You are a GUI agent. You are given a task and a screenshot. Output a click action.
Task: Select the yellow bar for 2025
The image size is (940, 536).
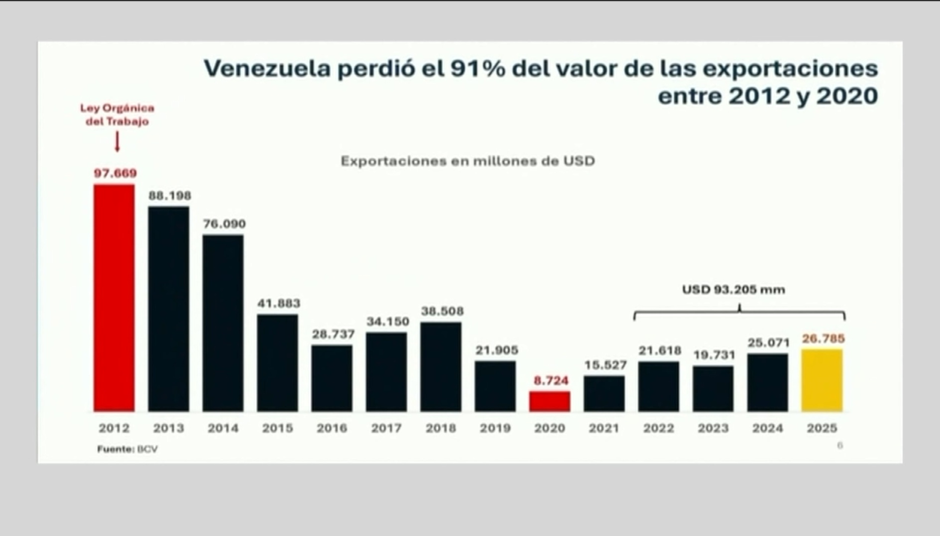coord(822,380)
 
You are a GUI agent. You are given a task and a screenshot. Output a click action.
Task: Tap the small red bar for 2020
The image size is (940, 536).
coord(550,401)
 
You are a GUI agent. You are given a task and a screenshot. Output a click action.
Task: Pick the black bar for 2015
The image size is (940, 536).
coord(277,363)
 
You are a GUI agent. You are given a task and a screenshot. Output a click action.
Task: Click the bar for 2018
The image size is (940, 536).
coord(441,367)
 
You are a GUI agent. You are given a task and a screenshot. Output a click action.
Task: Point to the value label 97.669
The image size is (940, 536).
coord(115,173)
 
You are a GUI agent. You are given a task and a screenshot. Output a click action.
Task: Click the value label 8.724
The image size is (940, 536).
coord(551,381)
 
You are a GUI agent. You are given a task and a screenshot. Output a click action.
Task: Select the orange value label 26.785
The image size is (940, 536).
coord(823,339)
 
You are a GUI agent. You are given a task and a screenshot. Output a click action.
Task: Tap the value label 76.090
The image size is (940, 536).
coord(224,224)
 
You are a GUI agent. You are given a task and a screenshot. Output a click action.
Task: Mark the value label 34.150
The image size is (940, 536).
coord(388,322)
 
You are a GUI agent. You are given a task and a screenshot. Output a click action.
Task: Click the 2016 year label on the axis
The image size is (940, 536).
coord(332,428)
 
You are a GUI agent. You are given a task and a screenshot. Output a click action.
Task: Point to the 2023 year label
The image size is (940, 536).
coord(713,428)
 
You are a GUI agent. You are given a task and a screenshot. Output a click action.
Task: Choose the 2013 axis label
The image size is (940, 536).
coord(168,428)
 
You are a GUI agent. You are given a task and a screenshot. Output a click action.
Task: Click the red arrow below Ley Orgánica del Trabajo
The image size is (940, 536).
coord(117,142)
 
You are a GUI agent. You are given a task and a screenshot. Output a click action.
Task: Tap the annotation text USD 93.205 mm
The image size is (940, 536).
coord(733,290)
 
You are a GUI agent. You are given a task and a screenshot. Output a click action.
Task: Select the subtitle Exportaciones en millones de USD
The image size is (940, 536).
coord(468,161)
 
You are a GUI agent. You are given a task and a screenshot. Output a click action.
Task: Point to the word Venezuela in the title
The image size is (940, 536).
coord(267,69)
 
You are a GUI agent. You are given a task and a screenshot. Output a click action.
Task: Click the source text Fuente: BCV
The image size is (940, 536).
coord(127,449)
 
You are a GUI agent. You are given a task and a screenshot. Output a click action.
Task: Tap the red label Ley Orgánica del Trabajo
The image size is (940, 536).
coord(117,115)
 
